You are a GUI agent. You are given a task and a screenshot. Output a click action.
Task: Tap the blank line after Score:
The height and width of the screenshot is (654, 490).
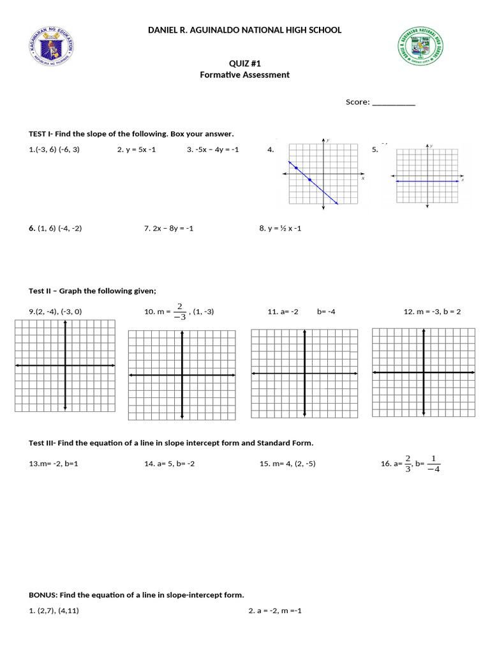click(x=393, y=102)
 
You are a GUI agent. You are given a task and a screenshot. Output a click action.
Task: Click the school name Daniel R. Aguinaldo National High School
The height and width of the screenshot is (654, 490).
click(x=244, y=30)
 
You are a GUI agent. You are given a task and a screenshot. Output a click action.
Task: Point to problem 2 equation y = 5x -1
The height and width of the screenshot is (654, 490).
click(x=137, y=150)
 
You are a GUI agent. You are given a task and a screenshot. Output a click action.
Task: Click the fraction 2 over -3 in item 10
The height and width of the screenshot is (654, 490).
click(x=180, y=312)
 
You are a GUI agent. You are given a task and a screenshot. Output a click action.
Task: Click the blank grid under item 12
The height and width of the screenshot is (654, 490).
click(x=423, y=372)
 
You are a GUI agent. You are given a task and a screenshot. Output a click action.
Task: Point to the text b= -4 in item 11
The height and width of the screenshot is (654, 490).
click(x=326, y=312)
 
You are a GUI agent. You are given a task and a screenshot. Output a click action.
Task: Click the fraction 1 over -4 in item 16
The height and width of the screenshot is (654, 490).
click(x=433, y=464)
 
